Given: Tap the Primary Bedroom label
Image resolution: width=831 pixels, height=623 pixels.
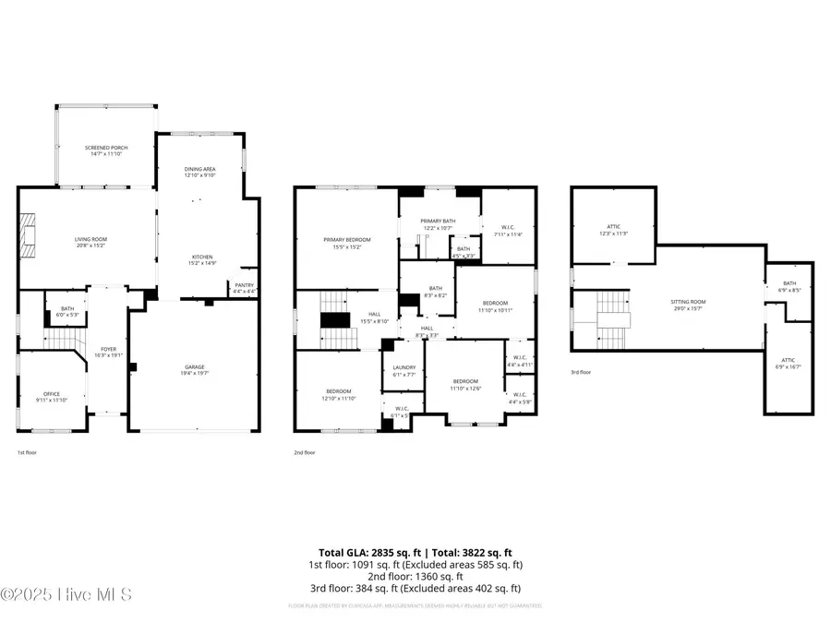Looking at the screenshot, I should click(347, 243).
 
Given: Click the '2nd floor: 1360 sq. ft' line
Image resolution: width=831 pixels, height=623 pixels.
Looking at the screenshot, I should click(415, 576).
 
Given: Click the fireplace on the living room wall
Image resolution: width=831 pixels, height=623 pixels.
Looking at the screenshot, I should click(29, 236).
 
